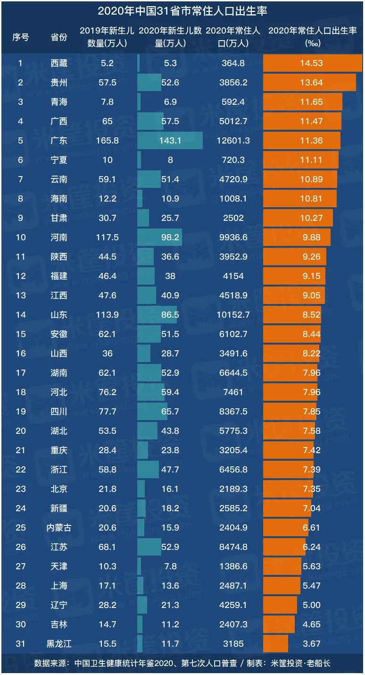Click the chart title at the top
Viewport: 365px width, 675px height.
coord(182,10)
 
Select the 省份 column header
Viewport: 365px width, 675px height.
coord(59,37)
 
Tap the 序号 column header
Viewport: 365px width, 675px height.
coord(21,37)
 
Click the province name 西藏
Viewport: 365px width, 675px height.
coord(59,63)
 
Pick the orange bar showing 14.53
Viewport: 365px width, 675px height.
coord(312,63)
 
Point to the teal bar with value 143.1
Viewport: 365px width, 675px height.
coord(170,141)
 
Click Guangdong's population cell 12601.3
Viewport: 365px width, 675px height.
coord(233,141)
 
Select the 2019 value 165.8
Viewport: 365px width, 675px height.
coord(107,141)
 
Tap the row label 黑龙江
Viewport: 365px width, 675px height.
coord(59,644)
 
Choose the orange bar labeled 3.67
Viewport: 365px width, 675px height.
coord(276,644)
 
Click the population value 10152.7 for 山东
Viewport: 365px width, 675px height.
coord(233,315)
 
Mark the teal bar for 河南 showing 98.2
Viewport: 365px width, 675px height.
coord(159,237)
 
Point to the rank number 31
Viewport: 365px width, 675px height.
coord(21,644)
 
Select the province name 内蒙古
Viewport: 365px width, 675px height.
coord(59,528)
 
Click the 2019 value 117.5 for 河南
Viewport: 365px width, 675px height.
coord(107,237)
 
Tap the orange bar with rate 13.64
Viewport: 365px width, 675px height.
coord(309,83)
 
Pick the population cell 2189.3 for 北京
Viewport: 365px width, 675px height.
coord(233,489)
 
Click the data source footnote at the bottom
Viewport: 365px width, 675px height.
coord(182,663)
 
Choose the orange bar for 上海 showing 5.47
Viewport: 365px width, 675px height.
coord(282,586)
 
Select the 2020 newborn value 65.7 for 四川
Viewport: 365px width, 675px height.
coord(170,412)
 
